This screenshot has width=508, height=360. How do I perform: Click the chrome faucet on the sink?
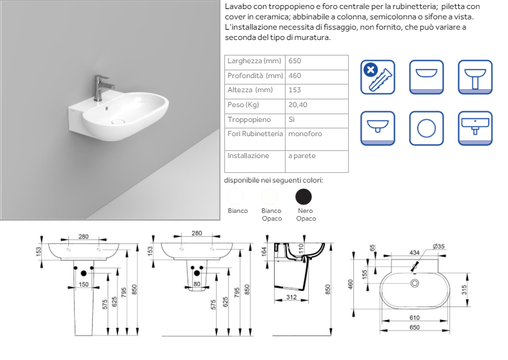[101, 88]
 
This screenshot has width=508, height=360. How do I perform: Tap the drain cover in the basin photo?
[118, 122]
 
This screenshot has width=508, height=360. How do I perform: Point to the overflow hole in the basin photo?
[107, 108]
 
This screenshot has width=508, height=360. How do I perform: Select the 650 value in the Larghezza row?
[295, 61]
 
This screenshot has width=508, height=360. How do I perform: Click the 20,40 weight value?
[298, 105]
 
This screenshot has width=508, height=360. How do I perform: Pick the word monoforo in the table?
[305, 134]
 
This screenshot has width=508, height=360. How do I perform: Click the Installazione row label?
[248, 156]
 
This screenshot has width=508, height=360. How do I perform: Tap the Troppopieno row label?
[249, 119]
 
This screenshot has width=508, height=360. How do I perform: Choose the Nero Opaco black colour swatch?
[304, 197]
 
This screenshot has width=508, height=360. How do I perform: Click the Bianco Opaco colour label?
[271, 215]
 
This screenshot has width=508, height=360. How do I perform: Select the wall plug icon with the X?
[378, 77]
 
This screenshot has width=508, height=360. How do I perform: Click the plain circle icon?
[426, 128]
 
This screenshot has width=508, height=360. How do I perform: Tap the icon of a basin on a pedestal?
[475, 77]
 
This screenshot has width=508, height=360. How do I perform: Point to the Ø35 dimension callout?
[438, 246]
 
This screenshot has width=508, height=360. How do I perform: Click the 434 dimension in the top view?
[415, 253]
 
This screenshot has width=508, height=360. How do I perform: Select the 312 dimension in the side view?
[291, 297]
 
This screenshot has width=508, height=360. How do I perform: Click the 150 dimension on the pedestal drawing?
[84, 285]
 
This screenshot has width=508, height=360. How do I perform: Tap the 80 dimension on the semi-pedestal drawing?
[197, 285]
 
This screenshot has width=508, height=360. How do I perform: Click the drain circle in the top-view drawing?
[415, 283]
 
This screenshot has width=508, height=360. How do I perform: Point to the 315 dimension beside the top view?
[464, 290]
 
